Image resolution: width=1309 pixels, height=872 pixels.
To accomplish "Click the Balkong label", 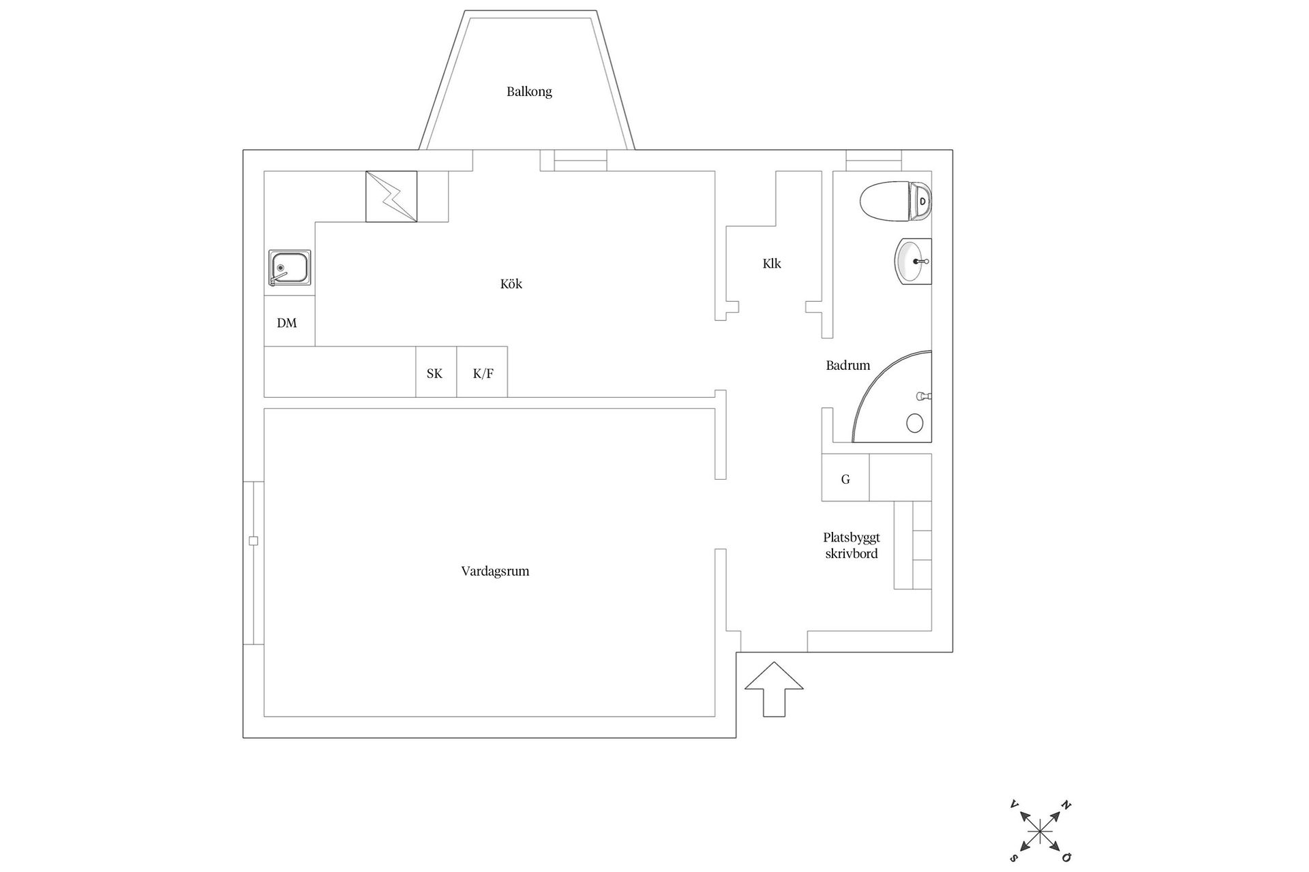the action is pos(529,91).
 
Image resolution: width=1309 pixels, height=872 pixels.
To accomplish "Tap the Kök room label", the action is pos(511,283).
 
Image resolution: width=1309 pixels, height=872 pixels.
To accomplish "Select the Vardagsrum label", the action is pos(495,571).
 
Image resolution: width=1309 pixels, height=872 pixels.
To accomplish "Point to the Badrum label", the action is pos(848,365).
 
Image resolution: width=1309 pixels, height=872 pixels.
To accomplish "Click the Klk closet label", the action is pos(772,263).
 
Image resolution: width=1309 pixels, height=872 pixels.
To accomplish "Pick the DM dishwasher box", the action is pos(290,321).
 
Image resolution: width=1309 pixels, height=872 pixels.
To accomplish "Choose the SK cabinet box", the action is pos(436,372).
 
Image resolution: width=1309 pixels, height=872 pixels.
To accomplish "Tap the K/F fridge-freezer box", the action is pos(482,372).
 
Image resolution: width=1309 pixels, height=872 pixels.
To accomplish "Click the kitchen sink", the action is pos(290,268).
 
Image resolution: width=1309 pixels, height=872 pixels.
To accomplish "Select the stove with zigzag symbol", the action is pos(391,196).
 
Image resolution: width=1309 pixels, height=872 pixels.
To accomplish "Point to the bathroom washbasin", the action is pos(913,262).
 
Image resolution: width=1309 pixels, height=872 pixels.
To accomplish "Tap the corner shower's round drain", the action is pos(915,423).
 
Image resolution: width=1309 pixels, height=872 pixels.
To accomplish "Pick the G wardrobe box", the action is pos(845,478).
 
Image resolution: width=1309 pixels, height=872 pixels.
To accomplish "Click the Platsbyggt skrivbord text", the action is pos(852,546).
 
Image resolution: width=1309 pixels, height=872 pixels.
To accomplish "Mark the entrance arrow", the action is pos(774,689).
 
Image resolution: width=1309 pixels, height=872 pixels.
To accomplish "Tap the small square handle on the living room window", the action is pos(254,541).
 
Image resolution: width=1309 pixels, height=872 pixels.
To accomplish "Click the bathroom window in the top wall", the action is pos(873,161).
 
